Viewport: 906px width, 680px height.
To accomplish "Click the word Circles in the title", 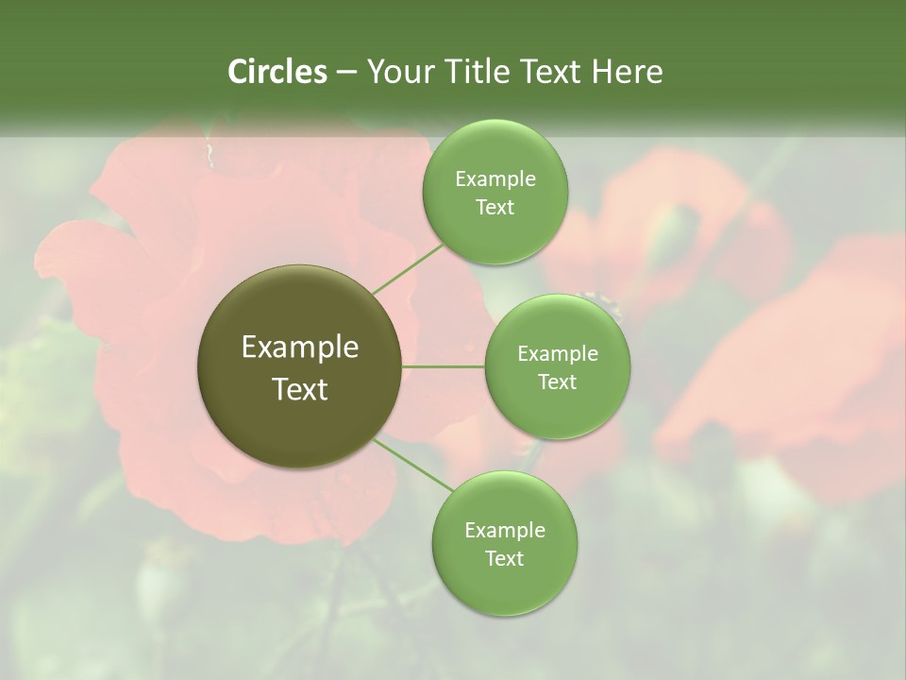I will coord(277,72).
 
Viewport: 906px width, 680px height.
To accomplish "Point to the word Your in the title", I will coord(400,72).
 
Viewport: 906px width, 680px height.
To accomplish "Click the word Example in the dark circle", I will coord(300,348).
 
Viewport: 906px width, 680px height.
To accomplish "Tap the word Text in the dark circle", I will coord(300,389).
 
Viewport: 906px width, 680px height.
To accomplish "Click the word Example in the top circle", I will coord(495,179).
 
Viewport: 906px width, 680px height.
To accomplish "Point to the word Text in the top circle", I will coord(495,208).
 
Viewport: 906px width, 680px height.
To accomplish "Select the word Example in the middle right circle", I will coord(558,354).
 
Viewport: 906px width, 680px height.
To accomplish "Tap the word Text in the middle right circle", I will coord(558,382).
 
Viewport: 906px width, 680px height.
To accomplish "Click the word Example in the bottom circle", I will coord(505,531).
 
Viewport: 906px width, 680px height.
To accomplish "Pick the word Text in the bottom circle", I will coord(505,559).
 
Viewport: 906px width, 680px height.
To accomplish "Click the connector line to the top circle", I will coord(409,268).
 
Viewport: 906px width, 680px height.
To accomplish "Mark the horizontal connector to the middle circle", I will coord(444,366).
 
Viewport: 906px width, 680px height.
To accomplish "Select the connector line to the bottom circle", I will coord(413,465).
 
